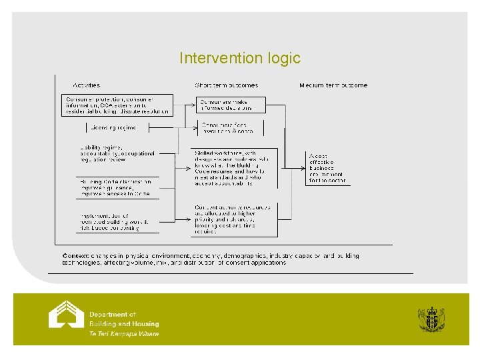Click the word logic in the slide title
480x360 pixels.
283,59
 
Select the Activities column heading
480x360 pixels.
86,85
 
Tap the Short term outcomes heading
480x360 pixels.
226,85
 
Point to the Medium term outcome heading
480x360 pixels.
333,85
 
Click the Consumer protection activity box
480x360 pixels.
118,105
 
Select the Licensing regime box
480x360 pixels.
113,127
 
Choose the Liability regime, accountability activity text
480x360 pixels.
117,153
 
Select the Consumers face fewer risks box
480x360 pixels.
229,128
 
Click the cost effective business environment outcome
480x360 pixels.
327,167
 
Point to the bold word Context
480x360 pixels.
75,256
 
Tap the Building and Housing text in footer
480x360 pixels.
124,324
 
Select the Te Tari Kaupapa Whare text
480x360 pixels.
124,334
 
